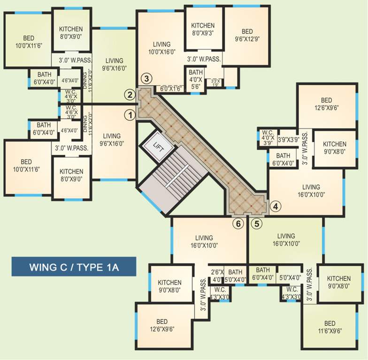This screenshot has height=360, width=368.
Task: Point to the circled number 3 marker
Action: click(x=147, y=78)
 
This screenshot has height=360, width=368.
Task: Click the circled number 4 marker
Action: click(x=276, y=205)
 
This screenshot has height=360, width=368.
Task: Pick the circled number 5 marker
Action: click(x=256, y=224)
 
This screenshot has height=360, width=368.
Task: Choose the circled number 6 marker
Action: click(x=238, y=224)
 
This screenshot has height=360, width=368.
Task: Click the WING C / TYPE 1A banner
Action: click(x=74, y=268)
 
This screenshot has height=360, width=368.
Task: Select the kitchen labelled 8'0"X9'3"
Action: click(x=203, y=29)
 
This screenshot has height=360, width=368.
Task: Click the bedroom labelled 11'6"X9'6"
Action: click(x=330, y=326)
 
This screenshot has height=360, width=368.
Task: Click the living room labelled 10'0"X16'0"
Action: click(x=161, y=48)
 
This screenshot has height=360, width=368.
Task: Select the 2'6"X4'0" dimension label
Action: click(x=216, y=276)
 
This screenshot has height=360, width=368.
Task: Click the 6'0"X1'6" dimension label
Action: click(x=170, y=88)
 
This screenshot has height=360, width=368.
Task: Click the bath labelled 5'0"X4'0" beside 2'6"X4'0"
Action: click(x=235, y=276)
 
